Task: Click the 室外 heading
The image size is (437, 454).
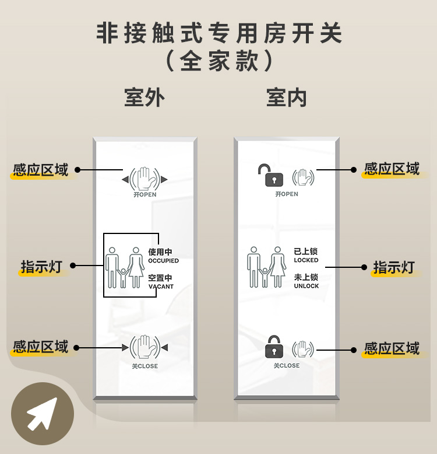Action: coord(145,97)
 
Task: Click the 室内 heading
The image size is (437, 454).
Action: coord(287,97)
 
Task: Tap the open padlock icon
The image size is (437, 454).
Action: coord(270,175)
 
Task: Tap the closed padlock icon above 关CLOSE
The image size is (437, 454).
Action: coord(274,347)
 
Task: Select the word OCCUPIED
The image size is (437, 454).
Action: coord(163,261)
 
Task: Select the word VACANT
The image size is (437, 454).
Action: coord(161,287)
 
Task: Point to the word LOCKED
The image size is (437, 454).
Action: coord(306,260)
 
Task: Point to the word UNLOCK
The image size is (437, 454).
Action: coord(306,286)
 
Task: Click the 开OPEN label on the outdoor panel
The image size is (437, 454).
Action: coord(145,194)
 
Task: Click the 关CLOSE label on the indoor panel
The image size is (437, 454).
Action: coord(287,366)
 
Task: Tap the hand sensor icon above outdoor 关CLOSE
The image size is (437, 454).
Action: coord(145,347)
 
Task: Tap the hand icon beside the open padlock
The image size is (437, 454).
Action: coord(303,177)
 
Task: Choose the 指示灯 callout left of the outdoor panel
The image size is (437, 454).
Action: coord(41,266)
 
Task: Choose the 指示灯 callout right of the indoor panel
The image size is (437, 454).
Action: coord(394,267)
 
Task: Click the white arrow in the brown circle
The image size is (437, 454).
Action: coord(42,414)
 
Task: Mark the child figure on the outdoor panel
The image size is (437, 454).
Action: coord(123,278)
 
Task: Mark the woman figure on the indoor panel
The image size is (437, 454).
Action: coord(278,267)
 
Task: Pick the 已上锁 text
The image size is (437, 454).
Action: coord(305,251)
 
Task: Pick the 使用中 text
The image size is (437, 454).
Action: coord(160,252)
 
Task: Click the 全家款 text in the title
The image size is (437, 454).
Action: coord(218,61)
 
